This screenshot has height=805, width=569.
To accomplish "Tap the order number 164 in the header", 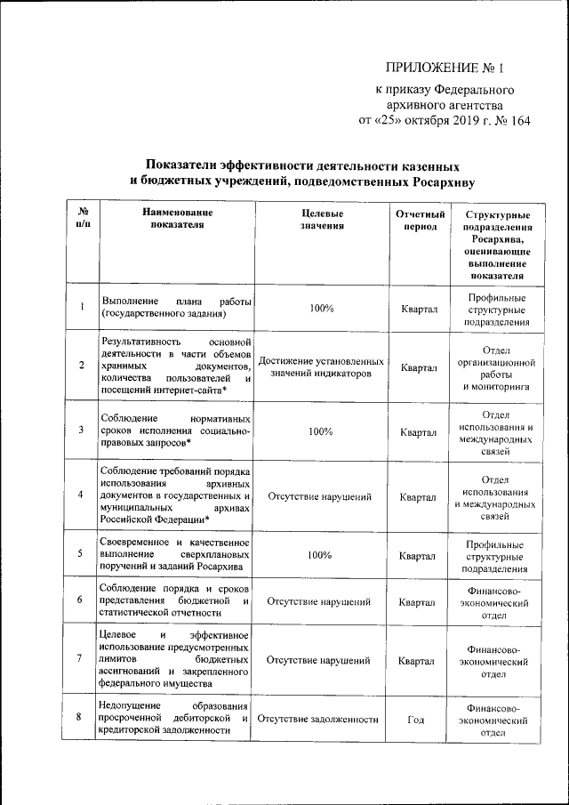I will pyautogui.click(x=516, y=121).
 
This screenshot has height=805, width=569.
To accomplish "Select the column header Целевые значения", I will pyautogui.click(x=321, y=221).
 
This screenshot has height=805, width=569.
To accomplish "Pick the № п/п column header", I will pyautogui.click(x=82, y=221).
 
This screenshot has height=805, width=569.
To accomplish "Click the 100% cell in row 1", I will pyautogui.click(x=321, y=308).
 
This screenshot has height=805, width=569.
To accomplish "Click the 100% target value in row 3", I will pyautogui.click(x=321, y=431).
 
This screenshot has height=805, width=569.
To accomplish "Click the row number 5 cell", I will pyautogui.click(x=82, y=554).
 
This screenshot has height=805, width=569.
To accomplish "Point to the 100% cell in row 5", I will pyautogui.click(x=321, y=554).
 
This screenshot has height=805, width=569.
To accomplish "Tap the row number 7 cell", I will pyautogui.click(x=82, y=660).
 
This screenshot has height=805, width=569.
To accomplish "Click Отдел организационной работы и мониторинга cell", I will pyautogui.click(x=494, y=368).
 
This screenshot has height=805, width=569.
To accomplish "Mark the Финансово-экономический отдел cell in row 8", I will pyautogui.click(x=494, y=720).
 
